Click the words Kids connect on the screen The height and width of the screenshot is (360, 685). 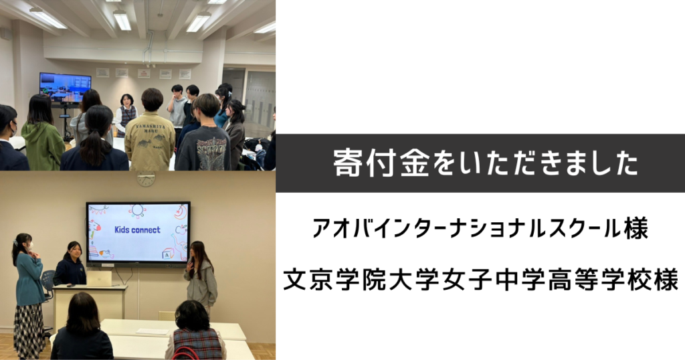pos(137,230)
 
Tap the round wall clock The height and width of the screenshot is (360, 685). pos(146,178)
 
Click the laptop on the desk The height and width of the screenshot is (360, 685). pos(99,279)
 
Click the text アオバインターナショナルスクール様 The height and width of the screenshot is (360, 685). pos(480,230)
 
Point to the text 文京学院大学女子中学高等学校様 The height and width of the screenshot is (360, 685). pos(480,280)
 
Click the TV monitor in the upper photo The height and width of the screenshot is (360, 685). pos(65,88)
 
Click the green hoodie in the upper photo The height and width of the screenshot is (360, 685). pos(43,145)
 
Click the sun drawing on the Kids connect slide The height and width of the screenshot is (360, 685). pos(137,211)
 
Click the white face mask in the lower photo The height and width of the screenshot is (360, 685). pos(29,247)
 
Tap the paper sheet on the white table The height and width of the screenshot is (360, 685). pos(152,332)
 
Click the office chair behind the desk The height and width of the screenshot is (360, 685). pos(47,284)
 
